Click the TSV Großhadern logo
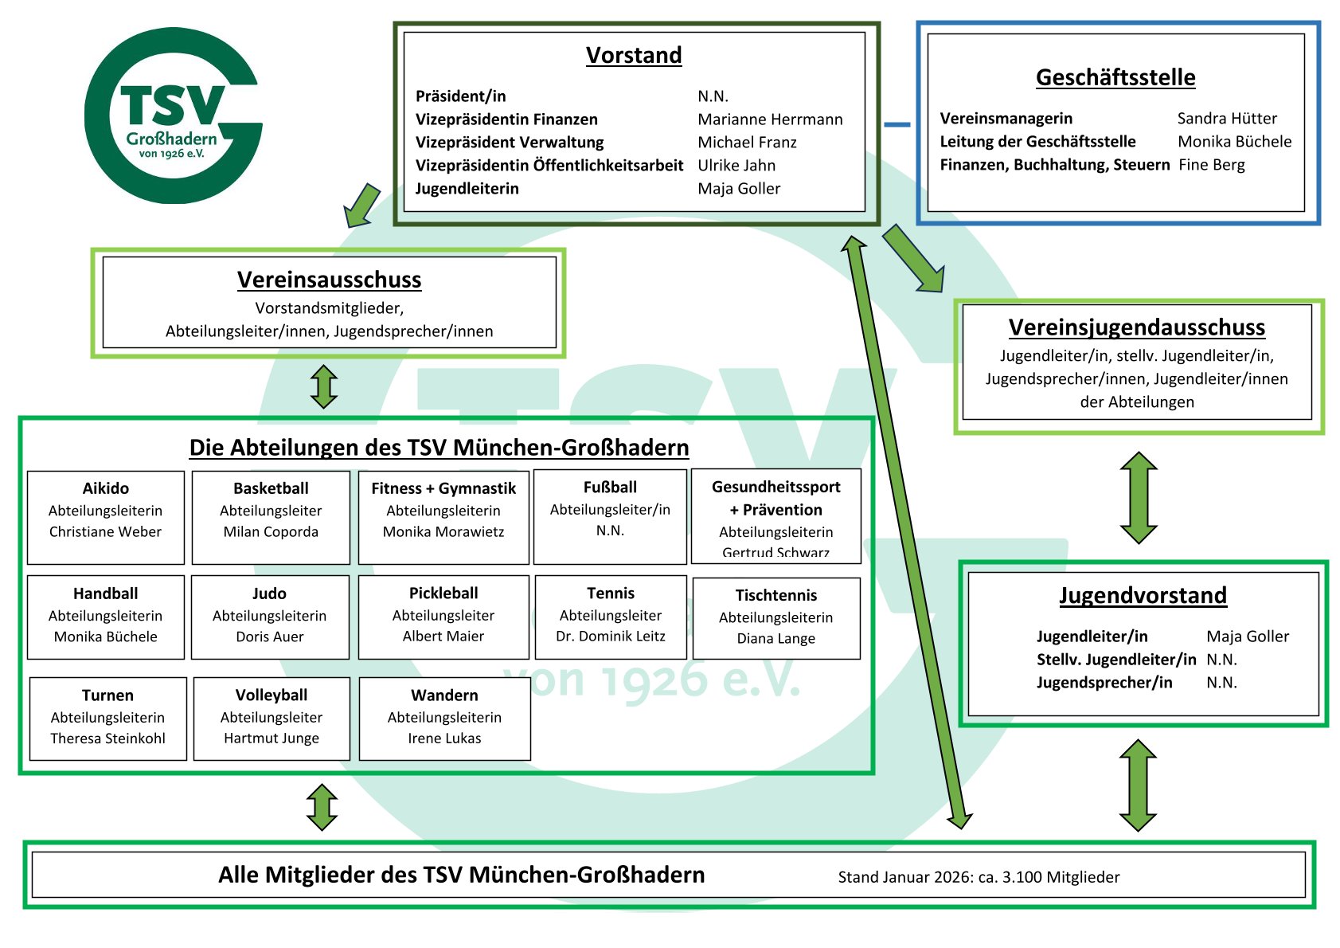[173, 116]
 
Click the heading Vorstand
[634, 55]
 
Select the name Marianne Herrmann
[770, 119]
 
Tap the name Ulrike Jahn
[736, 166]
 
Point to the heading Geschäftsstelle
[1115, 77]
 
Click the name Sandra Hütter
[1227, 119]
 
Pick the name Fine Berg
[1211, 165]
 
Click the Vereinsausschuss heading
[329, 280]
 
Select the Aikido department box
[106, 517]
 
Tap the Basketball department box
[271, 517]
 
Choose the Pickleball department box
[443, 617]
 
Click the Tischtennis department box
[776, 618]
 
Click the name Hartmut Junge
[272, 738]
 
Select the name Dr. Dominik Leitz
[611, 637]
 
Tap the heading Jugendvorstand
[1143, 596]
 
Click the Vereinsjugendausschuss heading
[1136, 327]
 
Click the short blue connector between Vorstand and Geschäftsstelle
[897, 124]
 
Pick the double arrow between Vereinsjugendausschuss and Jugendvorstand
[1139, 498]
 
